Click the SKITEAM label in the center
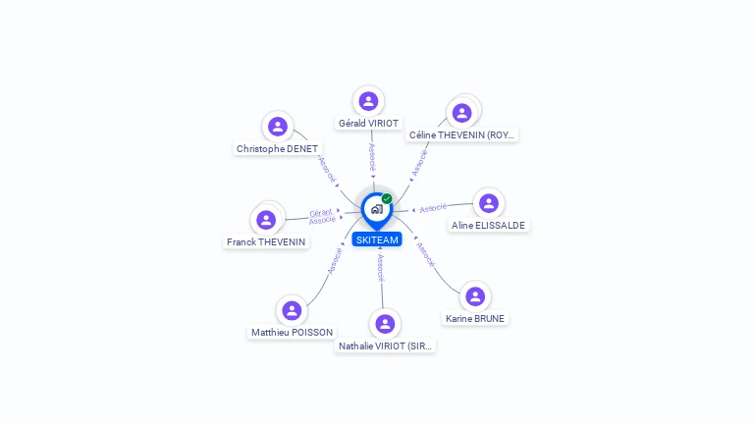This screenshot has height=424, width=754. click(x=377, y=239)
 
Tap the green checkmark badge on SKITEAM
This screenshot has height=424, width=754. click(x=387, y=198)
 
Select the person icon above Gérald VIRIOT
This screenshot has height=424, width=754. click(x=368, y=101)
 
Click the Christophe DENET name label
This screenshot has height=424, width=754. click(x=277, y=149)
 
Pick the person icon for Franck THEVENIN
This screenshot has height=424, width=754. click(x=266, y=220)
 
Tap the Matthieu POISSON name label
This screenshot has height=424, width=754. click(x=292, y=332)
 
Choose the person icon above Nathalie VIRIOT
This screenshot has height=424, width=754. click(x=385, y=324)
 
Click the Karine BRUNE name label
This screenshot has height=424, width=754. click(x=475, y=319)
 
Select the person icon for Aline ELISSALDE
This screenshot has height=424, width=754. click(x=489, y=203)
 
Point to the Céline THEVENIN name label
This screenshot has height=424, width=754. click(x=461, y=135)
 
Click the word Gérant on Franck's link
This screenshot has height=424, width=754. click(x=321, y=213)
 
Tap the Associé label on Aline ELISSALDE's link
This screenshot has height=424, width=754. click(x=433, y=208)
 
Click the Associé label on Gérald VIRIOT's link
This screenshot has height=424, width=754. click(x=372, y=157)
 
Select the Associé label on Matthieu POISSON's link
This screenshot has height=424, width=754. click(x=335, y=261)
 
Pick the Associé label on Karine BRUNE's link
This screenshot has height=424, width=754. click(x=426, y=254)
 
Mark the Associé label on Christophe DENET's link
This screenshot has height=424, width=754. click(x=327, y=170)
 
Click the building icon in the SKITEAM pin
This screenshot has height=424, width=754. click(x=377, y=209)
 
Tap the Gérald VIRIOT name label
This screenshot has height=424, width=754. click(x=368, y=123)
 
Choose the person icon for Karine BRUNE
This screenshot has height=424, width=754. click(x=475, y=296)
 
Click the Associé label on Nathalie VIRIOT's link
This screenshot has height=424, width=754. click(x=380, y=268)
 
